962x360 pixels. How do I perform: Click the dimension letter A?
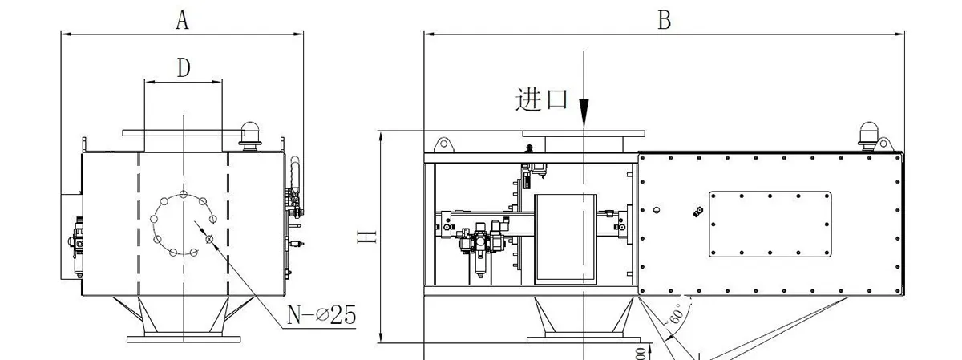182,20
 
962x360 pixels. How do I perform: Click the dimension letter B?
664,20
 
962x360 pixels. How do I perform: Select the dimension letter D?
184,68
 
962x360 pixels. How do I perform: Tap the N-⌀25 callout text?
321,315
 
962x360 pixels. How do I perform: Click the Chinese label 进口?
542,99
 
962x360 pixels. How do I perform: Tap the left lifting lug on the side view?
442,144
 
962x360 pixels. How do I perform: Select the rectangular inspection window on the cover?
770,224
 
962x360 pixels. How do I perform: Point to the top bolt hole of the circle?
184,194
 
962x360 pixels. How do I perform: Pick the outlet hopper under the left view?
184,316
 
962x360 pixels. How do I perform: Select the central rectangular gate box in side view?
566,238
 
